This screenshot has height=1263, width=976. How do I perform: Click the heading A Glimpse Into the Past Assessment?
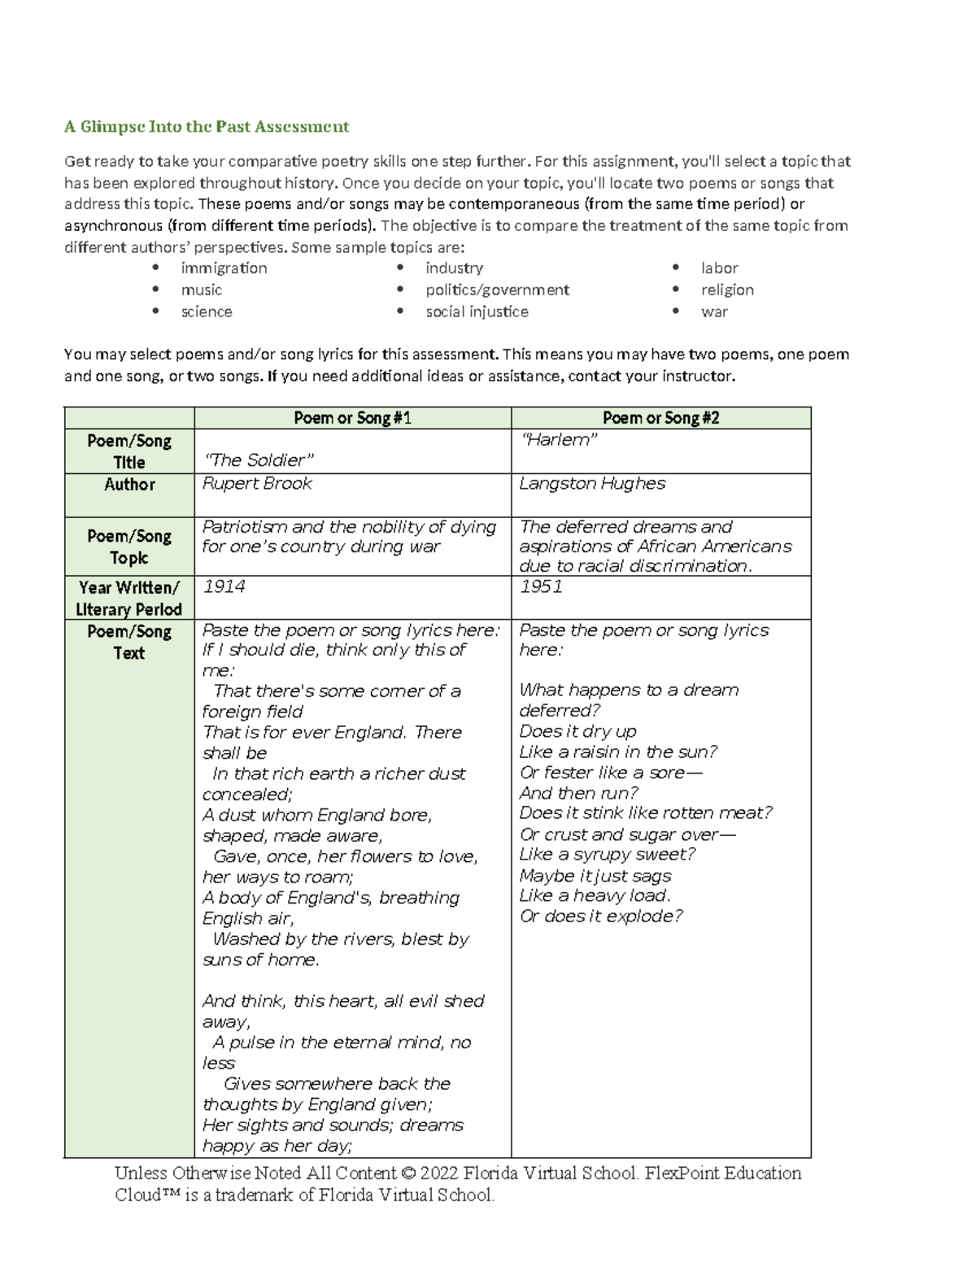point(207,127)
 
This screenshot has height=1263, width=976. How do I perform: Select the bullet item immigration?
point(224,268)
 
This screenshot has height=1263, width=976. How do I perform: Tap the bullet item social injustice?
point(477,312)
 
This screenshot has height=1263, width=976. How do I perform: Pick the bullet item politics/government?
point(497,290)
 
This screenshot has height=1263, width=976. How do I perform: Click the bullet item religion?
point(727,290)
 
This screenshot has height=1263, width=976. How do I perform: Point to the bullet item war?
point(714,312)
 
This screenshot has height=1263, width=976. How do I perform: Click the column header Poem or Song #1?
point(352,418)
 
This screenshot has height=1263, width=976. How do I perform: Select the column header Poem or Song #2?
point(660,418)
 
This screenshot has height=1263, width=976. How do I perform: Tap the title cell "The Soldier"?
point(258,460)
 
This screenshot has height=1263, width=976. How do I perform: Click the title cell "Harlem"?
point(559,440)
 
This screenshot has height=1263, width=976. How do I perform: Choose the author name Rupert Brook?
point(257,484)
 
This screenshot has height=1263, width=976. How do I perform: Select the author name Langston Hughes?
point(592,484)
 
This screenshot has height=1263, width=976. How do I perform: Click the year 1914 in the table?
point(224,587)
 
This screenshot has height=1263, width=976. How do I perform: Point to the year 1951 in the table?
point(541,587)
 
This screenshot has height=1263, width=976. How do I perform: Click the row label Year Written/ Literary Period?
point(129,599)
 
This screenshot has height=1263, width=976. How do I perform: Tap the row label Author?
point(129,485)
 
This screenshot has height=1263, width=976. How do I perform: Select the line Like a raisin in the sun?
point(618,752)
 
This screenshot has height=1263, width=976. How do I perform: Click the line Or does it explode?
point(601,917)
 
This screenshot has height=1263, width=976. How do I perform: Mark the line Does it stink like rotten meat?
point(646,813)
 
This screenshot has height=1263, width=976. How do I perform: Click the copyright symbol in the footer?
point(408,1174)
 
